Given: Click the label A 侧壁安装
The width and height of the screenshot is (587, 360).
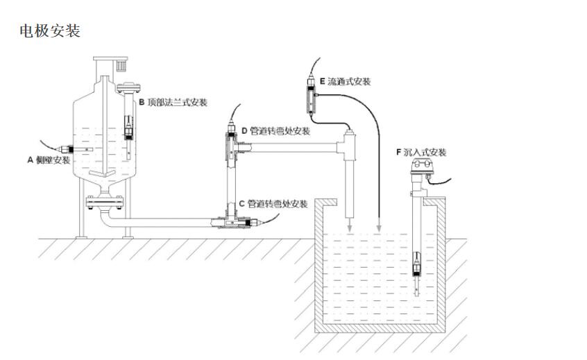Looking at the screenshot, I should (x=49, y=160).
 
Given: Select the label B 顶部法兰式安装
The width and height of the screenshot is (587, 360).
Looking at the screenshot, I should (x=173, y=103).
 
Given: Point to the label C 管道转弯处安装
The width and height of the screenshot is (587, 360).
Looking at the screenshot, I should (x=273, y=204).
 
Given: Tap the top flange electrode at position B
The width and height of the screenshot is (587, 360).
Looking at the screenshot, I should (x=129, y=126).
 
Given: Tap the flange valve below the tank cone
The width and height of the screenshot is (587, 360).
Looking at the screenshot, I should (x=104, y=202).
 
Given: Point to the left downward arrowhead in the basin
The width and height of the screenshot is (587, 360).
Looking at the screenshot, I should (x=349, y=229).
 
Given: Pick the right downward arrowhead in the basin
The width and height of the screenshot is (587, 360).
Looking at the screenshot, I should (x=379, y=229).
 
